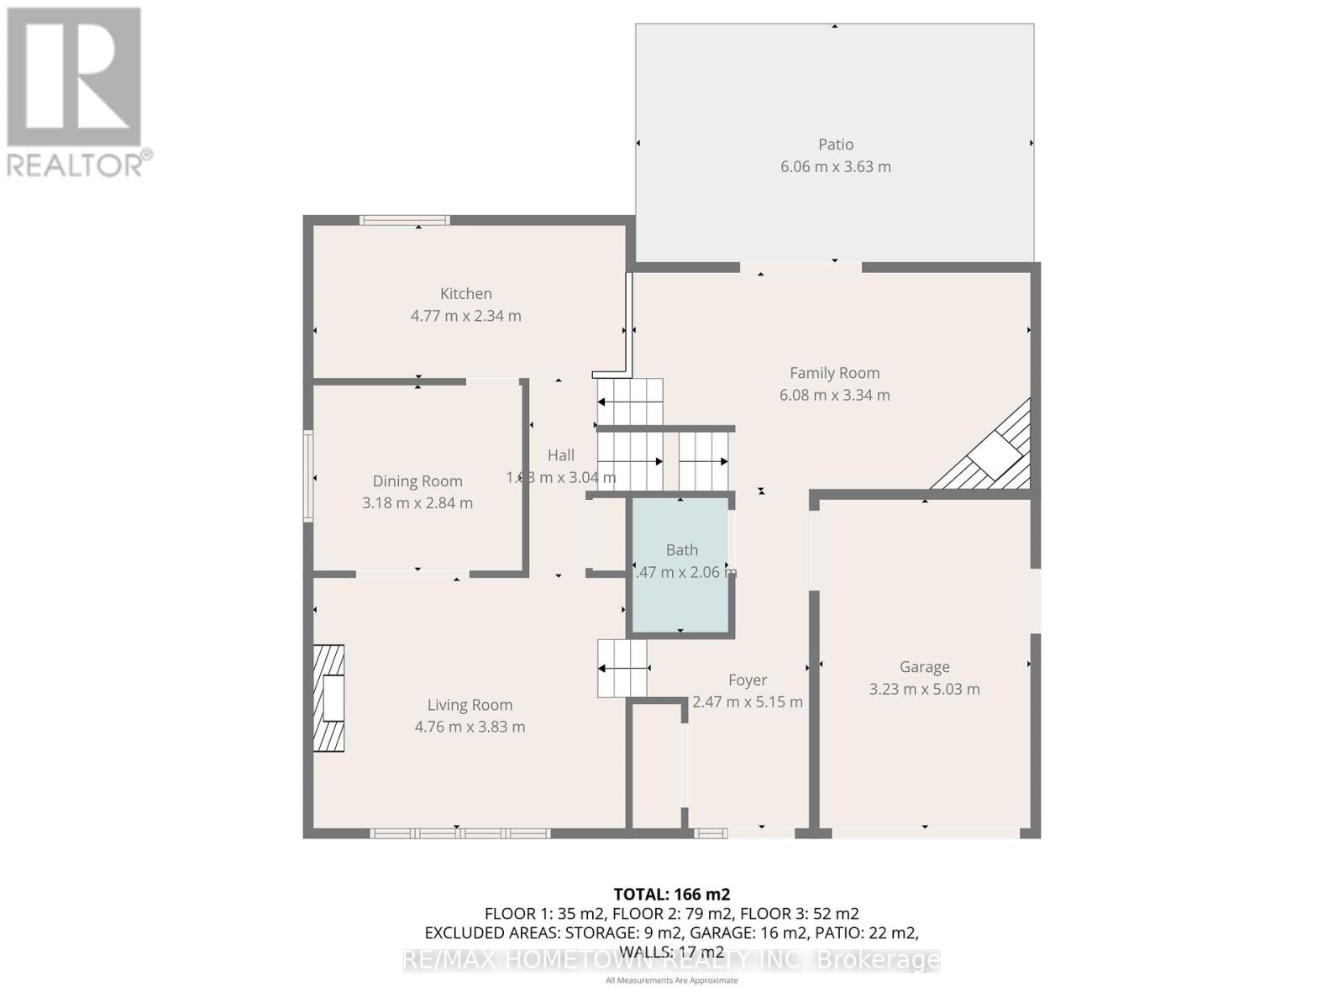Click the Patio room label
click(x=835, y=144)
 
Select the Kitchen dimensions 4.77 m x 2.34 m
click(x=465, y=316)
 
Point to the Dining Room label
click(x=417, y=481)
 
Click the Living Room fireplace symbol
click(x=329, y=698)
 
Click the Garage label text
click(x=924, y=667)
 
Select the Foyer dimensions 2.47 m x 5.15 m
click(x=747, y=702)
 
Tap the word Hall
click(x=560, y=455)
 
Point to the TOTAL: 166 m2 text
click(x=671, y=895)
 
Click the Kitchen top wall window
click(x=404, y=221)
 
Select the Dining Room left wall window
click(x=308, y=476)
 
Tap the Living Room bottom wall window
click(x=460, y=833)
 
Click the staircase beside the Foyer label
click(x=622, y=669)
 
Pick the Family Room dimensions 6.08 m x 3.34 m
click(x=834, y=395)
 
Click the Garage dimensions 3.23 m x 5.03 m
click(x=924, y=689)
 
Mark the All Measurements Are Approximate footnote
click(x=671, y=980)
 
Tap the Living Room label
click(x=470, y=706)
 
